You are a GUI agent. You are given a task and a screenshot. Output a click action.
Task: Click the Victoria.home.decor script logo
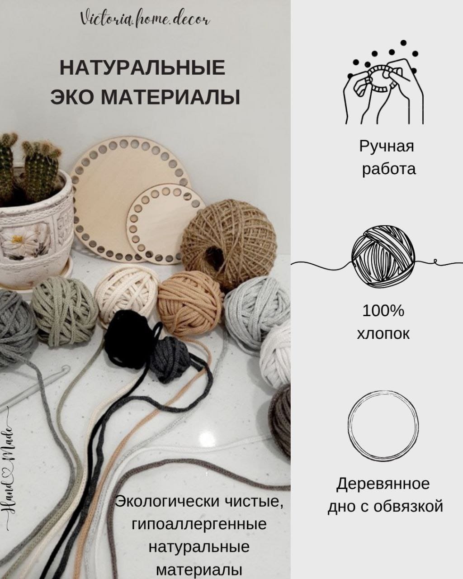145,19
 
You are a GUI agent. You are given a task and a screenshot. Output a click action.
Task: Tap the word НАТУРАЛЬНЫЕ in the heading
142,68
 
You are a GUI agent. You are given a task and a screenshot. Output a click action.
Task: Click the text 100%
383,311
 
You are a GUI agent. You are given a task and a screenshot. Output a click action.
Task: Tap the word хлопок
383,334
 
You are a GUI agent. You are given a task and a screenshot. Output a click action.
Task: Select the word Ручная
387,146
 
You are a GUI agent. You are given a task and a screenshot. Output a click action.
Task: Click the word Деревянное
383,484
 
